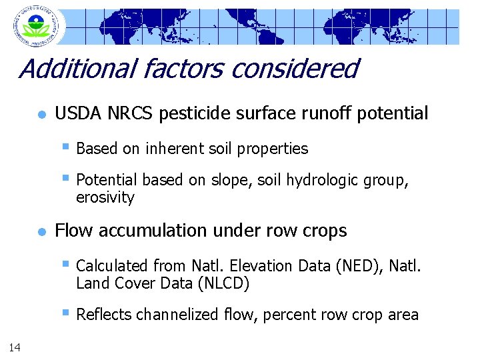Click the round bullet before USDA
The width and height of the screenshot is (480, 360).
coord(41,115)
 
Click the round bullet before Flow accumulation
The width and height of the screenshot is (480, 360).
coord(41,232)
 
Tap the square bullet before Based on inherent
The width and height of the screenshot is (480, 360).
coord(65,147)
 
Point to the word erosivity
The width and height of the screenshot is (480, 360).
coord(105,198)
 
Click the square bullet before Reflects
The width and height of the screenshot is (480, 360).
coord(65,313)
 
